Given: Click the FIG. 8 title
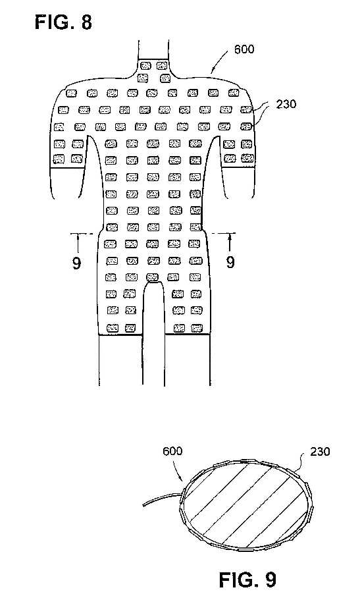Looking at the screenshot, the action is tap(63, 22).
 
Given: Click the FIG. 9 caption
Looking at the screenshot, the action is tap(247, 580).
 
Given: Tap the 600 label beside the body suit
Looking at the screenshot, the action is tap(244, 49).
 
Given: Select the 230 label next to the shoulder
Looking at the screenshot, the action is tap(286, 104).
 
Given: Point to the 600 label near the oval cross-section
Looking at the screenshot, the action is tap(172, 451).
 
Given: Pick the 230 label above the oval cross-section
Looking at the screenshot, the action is tap(320, 452).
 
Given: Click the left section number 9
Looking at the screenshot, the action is tap(77, 263).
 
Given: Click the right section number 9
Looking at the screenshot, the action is tap(230, 262).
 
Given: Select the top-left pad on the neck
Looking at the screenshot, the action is tap(145, 66).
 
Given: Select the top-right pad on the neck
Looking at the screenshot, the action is tap(162, 66).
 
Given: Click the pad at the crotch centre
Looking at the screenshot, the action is tap(153, 277).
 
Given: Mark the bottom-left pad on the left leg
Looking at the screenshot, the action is tap(113, 328).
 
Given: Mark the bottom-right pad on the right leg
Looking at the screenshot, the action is tap(197, 328).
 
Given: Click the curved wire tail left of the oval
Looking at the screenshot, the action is tap(162, 499).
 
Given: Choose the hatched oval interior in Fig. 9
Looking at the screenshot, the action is tap(244, 505).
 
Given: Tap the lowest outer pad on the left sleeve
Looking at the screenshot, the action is tap(59, 158).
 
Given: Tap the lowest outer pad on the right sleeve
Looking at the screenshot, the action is tap(247, 158).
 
